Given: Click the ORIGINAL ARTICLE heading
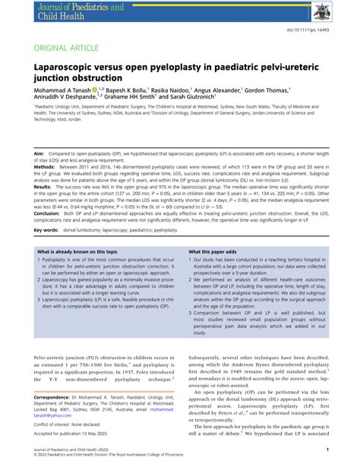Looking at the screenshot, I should [x=67, y=48].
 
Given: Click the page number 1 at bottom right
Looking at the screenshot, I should [x=326, y=449].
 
